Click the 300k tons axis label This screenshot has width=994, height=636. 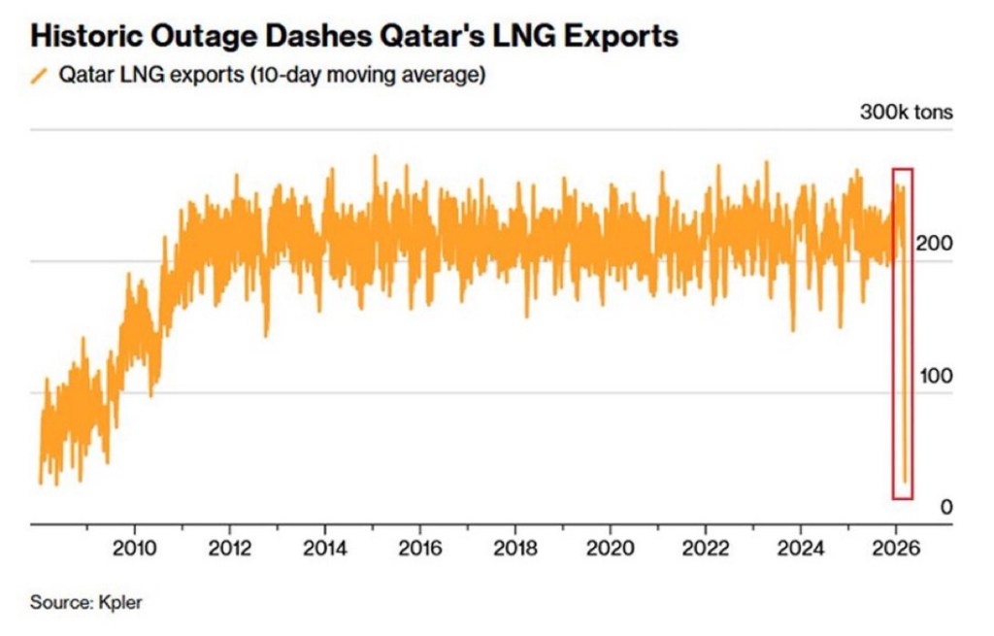pyautogui.click(x=906, y=112)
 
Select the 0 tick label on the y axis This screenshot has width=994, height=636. pyautogui.click(x=945, y=507)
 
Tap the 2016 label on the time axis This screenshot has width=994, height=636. pyautogui.click(x=419, y=547)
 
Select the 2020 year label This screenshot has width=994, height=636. pyautogui.click(x=610, y=547)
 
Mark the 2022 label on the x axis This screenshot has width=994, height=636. pyautogui.click(x=705, y=547)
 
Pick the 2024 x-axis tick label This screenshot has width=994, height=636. pyautogui.click(x=800, y=547)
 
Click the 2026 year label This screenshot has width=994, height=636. pyautogui.click(x=895, y=547)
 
